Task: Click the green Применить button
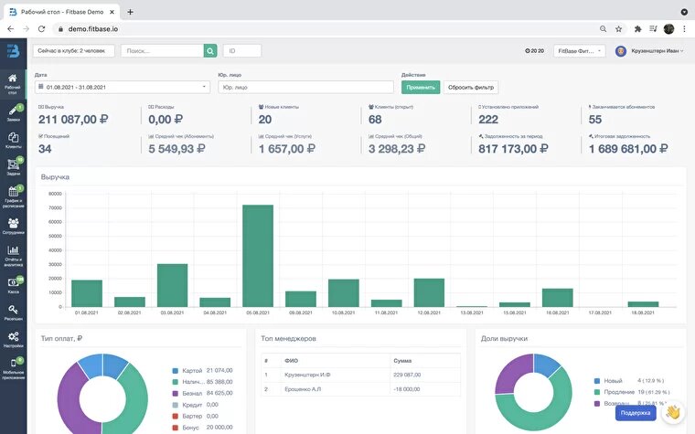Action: (x=420, y=87)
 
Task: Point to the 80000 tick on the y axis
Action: (x=54, y=194)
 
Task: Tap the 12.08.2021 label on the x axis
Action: (x=429, y=312)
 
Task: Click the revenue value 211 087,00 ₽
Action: (x=73, y=119)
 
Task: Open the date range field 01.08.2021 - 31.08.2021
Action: (x=122, y=87)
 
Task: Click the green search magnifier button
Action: (x=210, y=51)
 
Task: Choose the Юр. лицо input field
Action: (x=305, y=87)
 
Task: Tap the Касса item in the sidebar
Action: (x=14, y=286)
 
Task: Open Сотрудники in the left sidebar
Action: (x=14, y=226)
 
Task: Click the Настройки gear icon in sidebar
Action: (x=14, y=340)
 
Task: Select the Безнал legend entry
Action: (x=191, y=394)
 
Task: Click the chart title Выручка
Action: (x=55, y=176)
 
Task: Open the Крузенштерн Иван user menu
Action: (x=651, y=51)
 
